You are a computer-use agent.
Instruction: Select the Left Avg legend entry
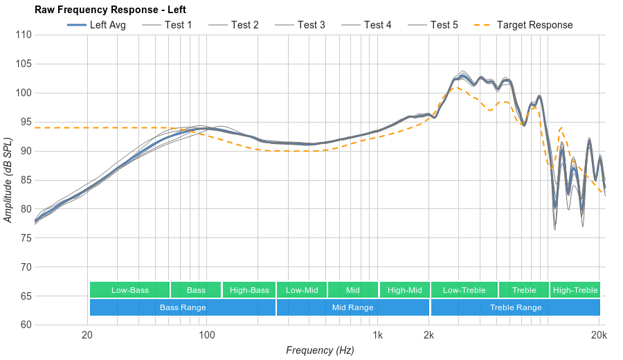(x=96, y=25)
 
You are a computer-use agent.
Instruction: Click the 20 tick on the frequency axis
(x=87, y=334)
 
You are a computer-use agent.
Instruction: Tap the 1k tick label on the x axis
(x=377, y=334)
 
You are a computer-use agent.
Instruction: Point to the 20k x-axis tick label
(x=599, y=334)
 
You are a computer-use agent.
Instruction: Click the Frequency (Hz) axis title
(x=320, y=350)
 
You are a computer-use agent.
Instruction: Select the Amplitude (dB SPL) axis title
(x=8, y=180)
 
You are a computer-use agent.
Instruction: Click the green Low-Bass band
(x=129, y=290)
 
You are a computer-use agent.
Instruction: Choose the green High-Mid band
(x=404, y=290)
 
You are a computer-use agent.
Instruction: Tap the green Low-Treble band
(x=464, y=290)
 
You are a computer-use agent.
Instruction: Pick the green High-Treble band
(x=575, y=290)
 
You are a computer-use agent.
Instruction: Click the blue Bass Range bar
(x=183, y=307)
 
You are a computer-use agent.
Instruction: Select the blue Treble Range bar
(x=516, y=307)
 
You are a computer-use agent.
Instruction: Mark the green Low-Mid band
(x=302, y=290)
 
